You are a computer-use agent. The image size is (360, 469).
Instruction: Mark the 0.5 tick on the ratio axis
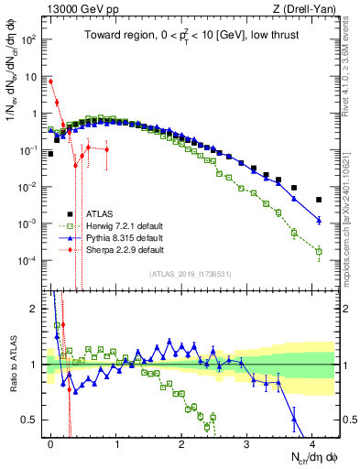33,420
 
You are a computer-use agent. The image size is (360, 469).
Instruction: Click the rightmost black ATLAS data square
319,200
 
